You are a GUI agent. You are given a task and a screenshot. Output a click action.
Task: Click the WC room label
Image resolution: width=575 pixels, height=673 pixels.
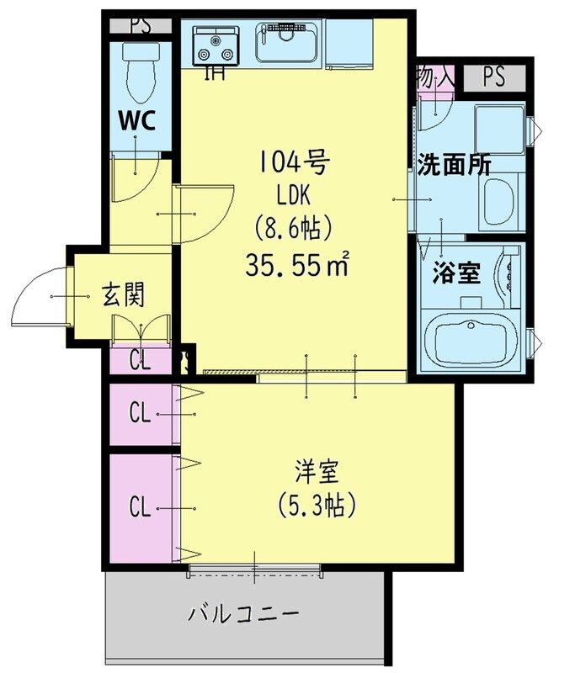pos(136,120)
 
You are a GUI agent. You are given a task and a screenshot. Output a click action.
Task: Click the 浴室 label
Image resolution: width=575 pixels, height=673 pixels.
pos(456,273)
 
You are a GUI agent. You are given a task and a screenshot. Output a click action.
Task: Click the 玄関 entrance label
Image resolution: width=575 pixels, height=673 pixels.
pos(124,295)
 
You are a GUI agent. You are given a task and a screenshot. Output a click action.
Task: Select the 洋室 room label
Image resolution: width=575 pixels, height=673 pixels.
pos(317,469)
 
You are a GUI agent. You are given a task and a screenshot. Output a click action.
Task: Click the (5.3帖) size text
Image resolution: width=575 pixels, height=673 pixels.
pos(317,505)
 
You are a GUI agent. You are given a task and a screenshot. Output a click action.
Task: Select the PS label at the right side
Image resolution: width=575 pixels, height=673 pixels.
pos(494,77)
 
